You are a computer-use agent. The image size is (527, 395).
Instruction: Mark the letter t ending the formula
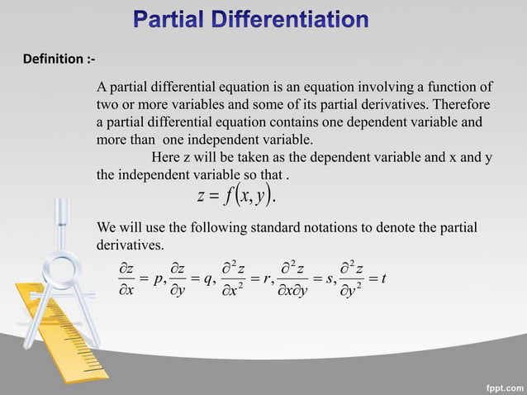click(385, 280)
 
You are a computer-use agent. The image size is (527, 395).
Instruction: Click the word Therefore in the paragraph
click(458, 105)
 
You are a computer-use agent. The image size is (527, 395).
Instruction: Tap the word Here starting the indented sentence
click(165, 157)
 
